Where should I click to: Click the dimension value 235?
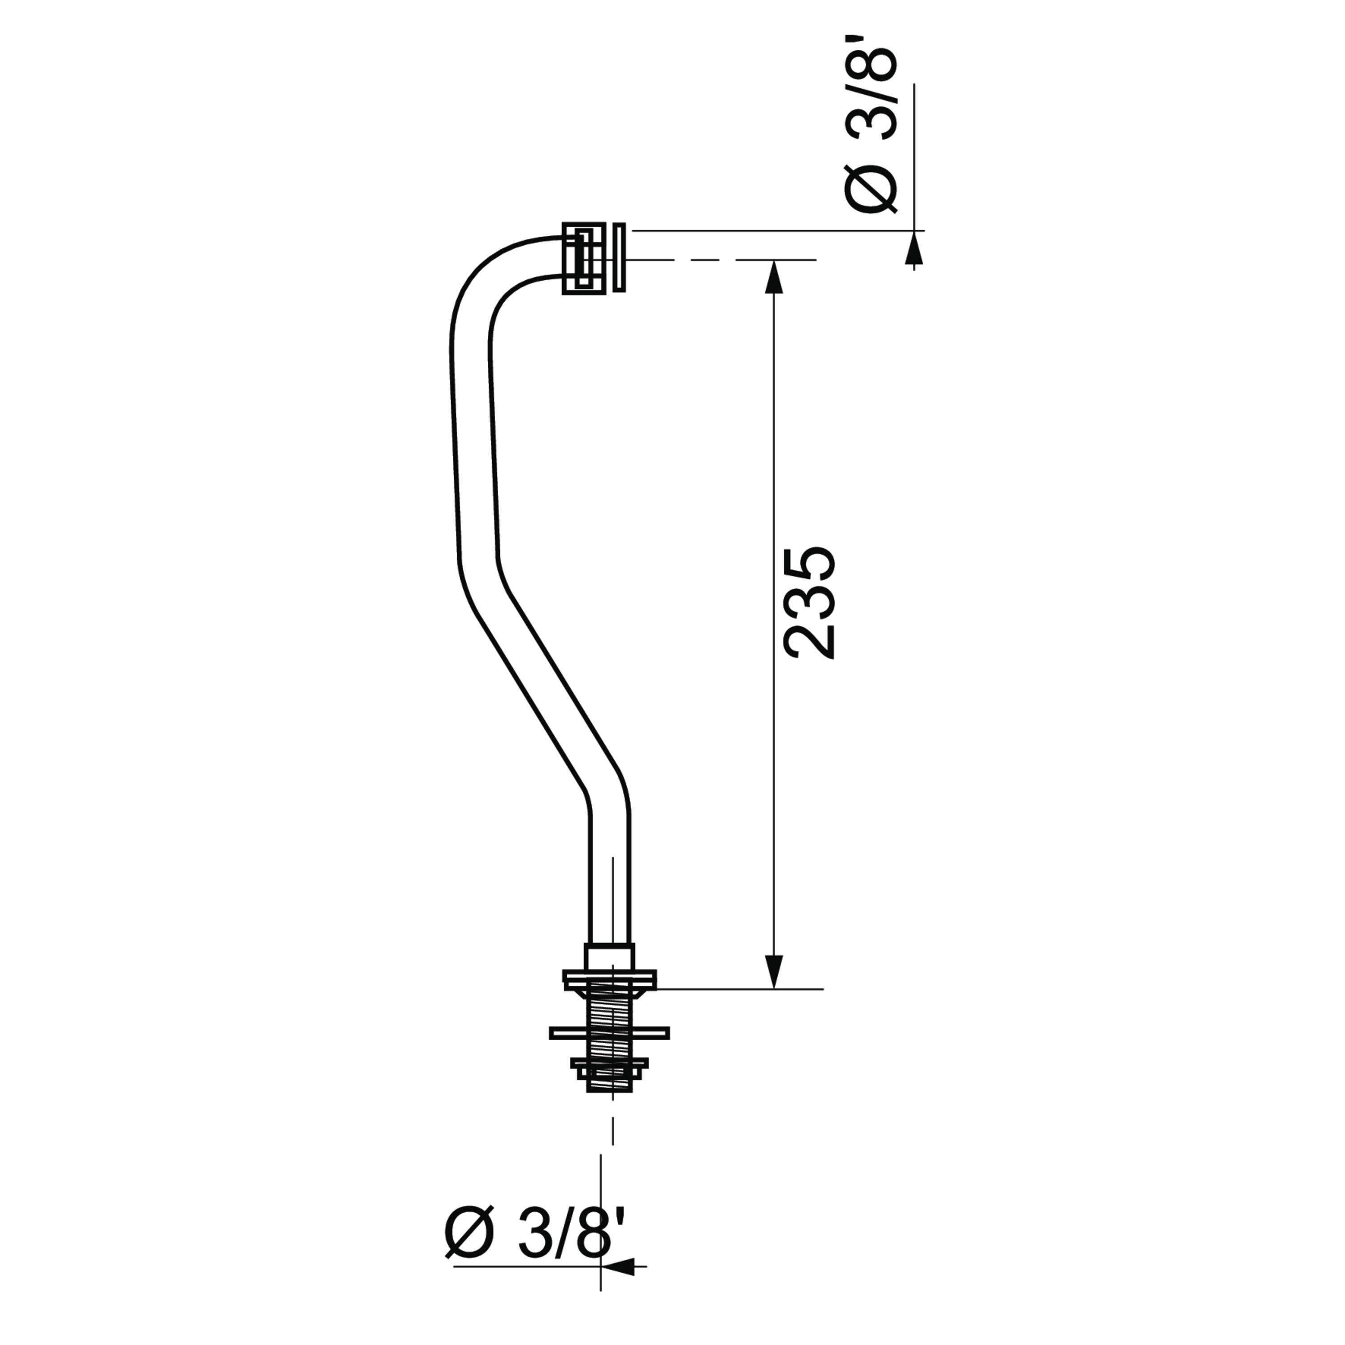pyautogui.click(x=810, y=603)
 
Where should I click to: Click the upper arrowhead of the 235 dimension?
pyautogui.click(x=774, y=277)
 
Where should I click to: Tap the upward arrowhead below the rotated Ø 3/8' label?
pyautogui.click(x=914, y=248)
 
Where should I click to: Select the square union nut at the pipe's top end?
pyautogui.click(x=583, y=258)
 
